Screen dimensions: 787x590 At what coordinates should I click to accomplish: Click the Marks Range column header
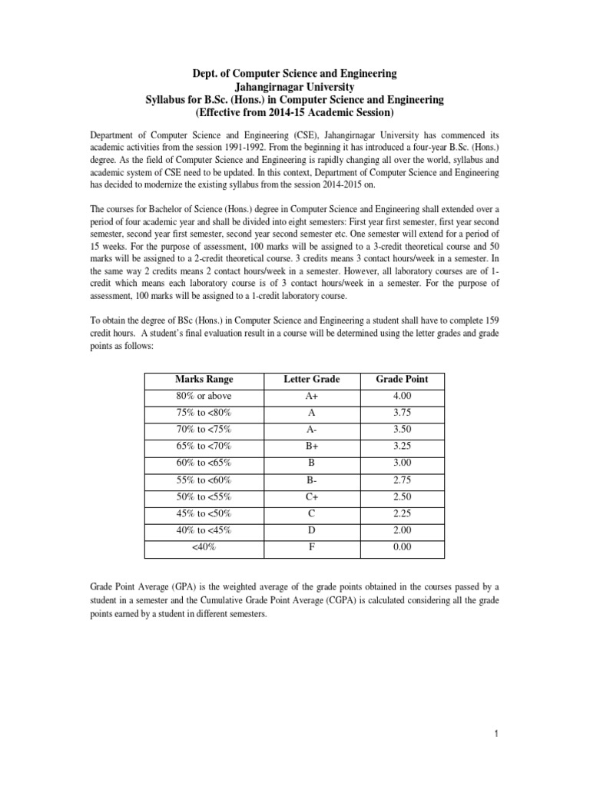(x=204, y=379)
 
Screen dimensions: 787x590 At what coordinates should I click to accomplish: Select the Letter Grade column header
(x=311, y=379)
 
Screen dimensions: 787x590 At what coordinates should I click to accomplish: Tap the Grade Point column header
(x=402, y=379)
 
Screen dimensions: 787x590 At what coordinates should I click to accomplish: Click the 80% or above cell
(x=204, y=396)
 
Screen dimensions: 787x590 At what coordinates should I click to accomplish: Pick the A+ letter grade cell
(x=311, y=396)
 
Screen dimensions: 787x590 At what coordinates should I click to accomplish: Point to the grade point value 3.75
(x=402, y=412)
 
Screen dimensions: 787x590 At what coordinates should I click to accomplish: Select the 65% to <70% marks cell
(x=204, y=446)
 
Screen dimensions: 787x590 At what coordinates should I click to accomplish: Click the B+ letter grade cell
(x=311, y=446)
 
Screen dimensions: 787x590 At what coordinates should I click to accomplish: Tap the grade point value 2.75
(x=402, y=479)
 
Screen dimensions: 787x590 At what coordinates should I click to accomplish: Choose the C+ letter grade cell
(x=311, y=496)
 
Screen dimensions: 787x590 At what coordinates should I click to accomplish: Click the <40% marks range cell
(x=204, y=546)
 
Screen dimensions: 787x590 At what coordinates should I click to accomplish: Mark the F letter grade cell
(x=311, y=546)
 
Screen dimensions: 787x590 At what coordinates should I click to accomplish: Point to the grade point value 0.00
(x=402, y=546)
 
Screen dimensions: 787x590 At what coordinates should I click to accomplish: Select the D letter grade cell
(x=311, y=530)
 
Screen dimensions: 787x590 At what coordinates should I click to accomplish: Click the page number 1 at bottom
(x=497, y=735)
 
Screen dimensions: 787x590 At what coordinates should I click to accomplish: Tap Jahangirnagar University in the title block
(x=294, y=87)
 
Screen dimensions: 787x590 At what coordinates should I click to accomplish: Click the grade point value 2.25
(x=402, y=513)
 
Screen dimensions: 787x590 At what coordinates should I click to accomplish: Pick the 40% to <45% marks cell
(x=204, y=530)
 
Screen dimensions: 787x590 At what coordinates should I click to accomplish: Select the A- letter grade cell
(x=311, y=429)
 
